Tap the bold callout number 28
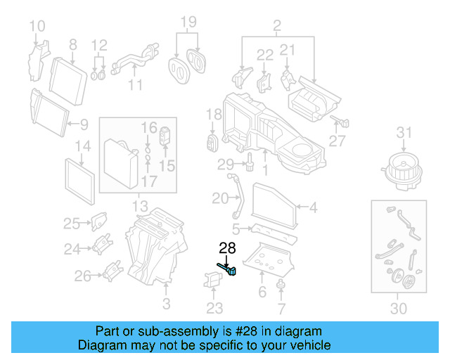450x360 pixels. click(x=228, y=247)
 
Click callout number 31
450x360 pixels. click(x=403, y=131)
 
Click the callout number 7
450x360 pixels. click(x=282, y=308)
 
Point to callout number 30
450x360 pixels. click(x=398, y=308)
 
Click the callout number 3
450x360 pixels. click(x=166, y=303)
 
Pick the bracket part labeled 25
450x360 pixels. click(x=98, y=221)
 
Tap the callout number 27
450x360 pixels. click(x=337, y=141)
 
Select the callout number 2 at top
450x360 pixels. click(x=277, y=27)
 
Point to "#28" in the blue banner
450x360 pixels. click(x=233, y=331)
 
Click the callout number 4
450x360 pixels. click(x=313, y=207)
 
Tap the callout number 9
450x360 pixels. click(x=84, y=125)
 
